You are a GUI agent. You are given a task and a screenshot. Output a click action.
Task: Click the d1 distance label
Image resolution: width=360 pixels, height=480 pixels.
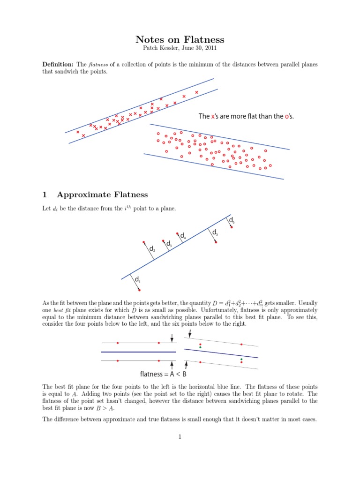coord(137,280)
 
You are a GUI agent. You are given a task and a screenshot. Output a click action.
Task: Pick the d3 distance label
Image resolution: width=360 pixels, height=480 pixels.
coord(168,244)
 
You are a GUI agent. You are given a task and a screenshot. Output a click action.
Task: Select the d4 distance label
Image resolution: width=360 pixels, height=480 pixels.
coord(183,236)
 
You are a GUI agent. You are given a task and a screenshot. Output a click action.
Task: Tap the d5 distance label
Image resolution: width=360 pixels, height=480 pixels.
coord(215,232)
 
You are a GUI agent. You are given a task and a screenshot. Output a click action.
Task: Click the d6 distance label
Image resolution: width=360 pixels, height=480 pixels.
coord(232,219)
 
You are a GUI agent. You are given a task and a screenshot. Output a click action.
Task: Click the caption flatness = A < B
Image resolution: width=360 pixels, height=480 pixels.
coord(163,374)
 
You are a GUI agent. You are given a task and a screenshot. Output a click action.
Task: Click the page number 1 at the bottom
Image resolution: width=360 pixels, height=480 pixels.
coord(180,437)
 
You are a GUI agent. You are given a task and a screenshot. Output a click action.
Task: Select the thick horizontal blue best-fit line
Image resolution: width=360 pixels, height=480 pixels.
coord(139,352)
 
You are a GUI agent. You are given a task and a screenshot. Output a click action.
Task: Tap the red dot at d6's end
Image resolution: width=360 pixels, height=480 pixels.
coord(231,227)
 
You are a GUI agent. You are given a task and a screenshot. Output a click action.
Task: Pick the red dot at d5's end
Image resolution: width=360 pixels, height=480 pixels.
coord(216,242)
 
